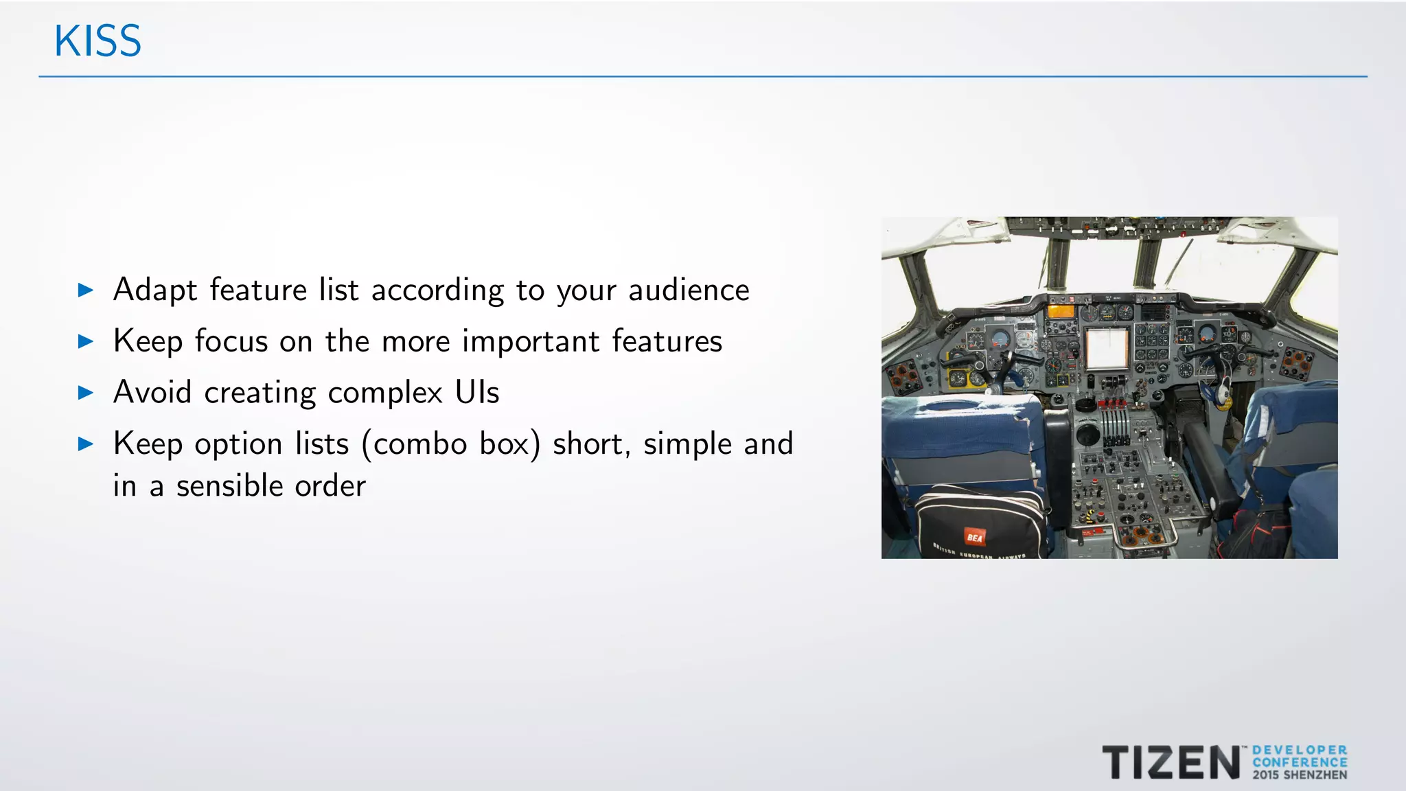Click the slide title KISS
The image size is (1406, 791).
point(97,41)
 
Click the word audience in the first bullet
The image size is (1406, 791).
point(689,290)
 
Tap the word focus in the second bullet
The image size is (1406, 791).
point(231,341)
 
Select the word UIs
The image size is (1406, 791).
point(477,392)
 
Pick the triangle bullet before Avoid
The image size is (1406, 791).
point(86,393)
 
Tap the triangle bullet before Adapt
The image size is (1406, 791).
point(86,290)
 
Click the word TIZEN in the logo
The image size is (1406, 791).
point(1171,763)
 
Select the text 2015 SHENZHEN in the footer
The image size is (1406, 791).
point(1300,775)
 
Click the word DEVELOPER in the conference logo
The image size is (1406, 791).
point(1300,750)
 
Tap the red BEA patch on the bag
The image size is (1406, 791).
point(974,537)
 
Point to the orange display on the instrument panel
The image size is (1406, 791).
point(1060,312)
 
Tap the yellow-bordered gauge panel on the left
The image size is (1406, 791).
point(958,377)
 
